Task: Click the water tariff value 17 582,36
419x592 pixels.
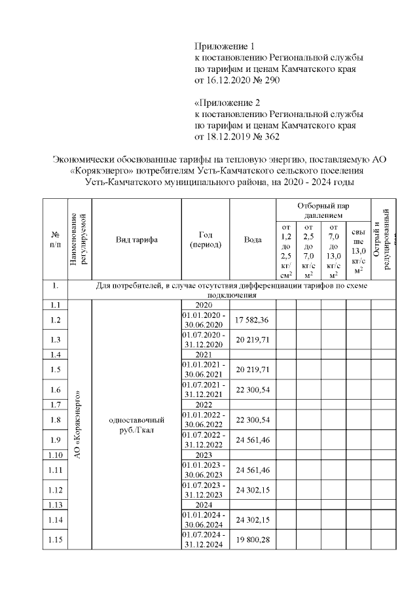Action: [x=252, y=320]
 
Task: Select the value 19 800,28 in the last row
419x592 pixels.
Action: [x=252, y=540]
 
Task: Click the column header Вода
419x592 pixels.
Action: [x=253, y=240]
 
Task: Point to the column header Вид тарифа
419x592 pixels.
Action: [x=136, y=240]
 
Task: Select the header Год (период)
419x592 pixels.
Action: [x=205, y=240]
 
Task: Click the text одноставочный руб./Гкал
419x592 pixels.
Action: [x=136, y=425]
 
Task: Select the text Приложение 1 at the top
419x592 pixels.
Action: [x=223, y=46]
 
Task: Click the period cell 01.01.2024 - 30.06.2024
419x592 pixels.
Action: [x=205, y=519]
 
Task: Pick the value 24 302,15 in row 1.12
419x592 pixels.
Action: [x=252, y=490]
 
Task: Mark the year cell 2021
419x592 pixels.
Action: [x=205, y=355]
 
